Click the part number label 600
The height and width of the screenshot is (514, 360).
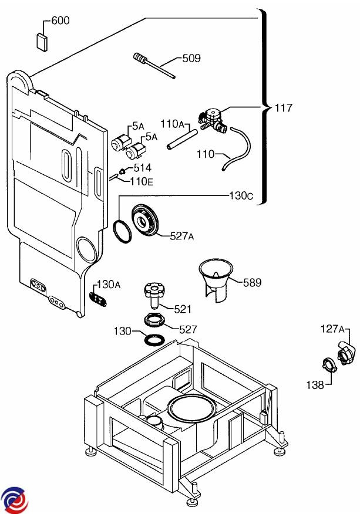pyautogui.click(x=60, y=21)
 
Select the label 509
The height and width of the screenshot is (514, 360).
pyautogui.click(x=191, y=58)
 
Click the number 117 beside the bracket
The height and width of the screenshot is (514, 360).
pyautogui.click(x=283, y=108)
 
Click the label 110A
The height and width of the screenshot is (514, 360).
pyautogui.click(x=173, y=124)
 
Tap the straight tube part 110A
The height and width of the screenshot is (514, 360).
pyautogui.click(x=180, y=141)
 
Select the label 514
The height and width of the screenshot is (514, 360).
pyautogui.click(x=142, y=168)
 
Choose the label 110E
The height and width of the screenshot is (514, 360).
pyautogui.click(x=141, y=181)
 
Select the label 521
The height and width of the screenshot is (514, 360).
pyautogui.click(x=183, y=309)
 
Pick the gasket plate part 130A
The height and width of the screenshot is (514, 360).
pyautogui.click(x=98, y=296)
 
